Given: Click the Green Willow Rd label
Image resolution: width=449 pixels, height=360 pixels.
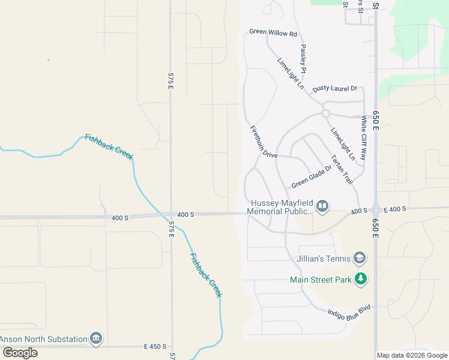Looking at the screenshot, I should [273, 32].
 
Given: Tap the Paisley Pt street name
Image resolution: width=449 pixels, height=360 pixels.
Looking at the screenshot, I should [304, 59].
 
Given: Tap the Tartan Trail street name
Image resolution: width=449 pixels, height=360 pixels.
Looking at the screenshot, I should [342, 169].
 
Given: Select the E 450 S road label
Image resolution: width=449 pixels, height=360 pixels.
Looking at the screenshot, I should [155, 347].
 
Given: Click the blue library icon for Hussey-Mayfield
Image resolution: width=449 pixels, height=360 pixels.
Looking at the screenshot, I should [322, 207].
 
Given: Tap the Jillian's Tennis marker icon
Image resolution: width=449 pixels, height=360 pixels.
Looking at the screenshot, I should [360, 259].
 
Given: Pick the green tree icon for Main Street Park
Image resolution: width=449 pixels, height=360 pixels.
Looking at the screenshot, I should [360, 278].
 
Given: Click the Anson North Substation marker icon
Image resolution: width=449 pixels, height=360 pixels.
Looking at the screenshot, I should [95, 339].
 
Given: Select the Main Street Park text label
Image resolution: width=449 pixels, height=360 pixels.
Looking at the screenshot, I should [320, 279].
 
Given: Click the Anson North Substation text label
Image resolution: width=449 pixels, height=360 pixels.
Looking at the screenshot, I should [43, 339].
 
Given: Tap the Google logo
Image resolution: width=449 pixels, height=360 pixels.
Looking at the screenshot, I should [20, 352].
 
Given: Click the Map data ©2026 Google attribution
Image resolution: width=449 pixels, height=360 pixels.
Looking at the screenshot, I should [412, 355].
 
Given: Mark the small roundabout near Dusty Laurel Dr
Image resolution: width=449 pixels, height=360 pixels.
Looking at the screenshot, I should [325, 113].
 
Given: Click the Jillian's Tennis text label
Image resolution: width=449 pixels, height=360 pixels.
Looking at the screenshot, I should [324, 259].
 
